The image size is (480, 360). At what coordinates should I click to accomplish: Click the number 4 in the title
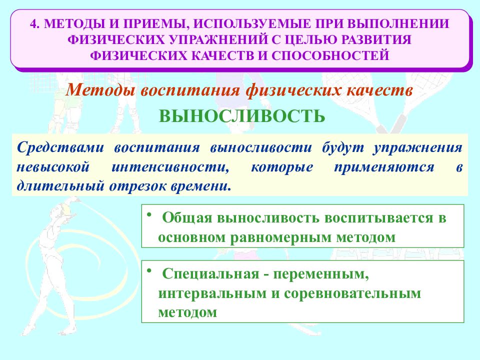[x=33, y=23]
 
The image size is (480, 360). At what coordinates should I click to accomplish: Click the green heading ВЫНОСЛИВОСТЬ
[x=242, y=116]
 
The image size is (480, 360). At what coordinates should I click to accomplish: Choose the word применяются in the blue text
[x=383, y=167]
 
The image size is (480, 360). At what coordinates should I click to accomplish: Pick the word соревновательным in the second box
[x=353, y=293]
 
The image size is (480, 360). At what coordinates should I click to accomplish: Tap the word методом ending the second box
[x=188, y=312]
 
